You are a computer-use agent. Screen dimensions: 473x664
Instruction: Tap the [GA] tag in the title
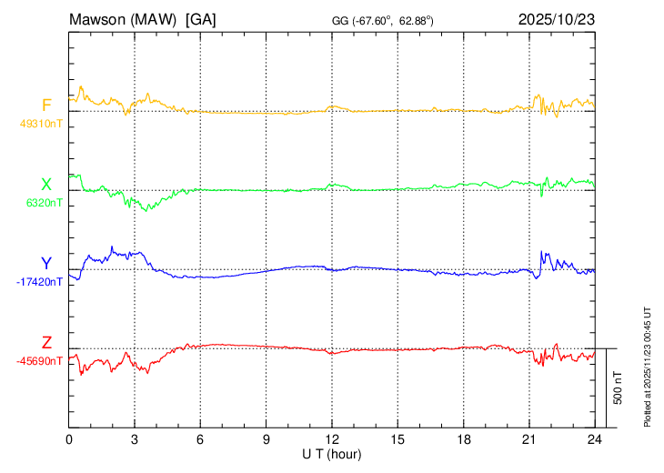199,19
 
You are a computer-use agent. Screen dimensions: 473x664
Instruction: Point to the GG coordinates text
383,20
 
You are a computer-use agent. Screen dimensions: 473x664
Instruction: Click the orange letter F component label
46,105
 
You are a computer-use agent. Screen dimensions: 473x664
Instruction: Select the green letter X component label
46,185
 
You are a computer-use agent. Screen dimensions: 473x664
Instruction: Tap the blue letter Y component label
46,264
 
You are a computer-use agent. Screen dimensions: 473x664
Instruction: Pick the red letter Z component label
46,343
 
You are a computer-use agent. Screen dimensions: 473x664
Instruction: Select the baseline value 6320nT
45,203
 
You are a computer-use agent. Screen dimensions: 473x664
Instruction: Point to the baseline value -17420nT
39,282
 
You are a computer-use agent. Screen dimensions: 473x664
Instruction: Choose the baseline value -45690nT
39,361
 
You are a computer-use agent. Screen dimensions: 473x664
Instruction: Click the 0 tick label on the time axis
69,439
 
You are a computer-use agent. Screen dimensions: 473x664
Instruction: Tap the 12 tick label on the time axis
332,439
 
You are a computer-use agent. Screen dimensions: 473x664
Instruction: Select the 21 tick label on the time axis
528,439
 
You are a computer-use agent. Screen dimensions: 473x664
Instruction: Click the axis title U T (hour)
332,453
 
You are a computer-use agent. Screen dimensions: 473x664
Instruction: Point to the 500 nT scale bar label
618,387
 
